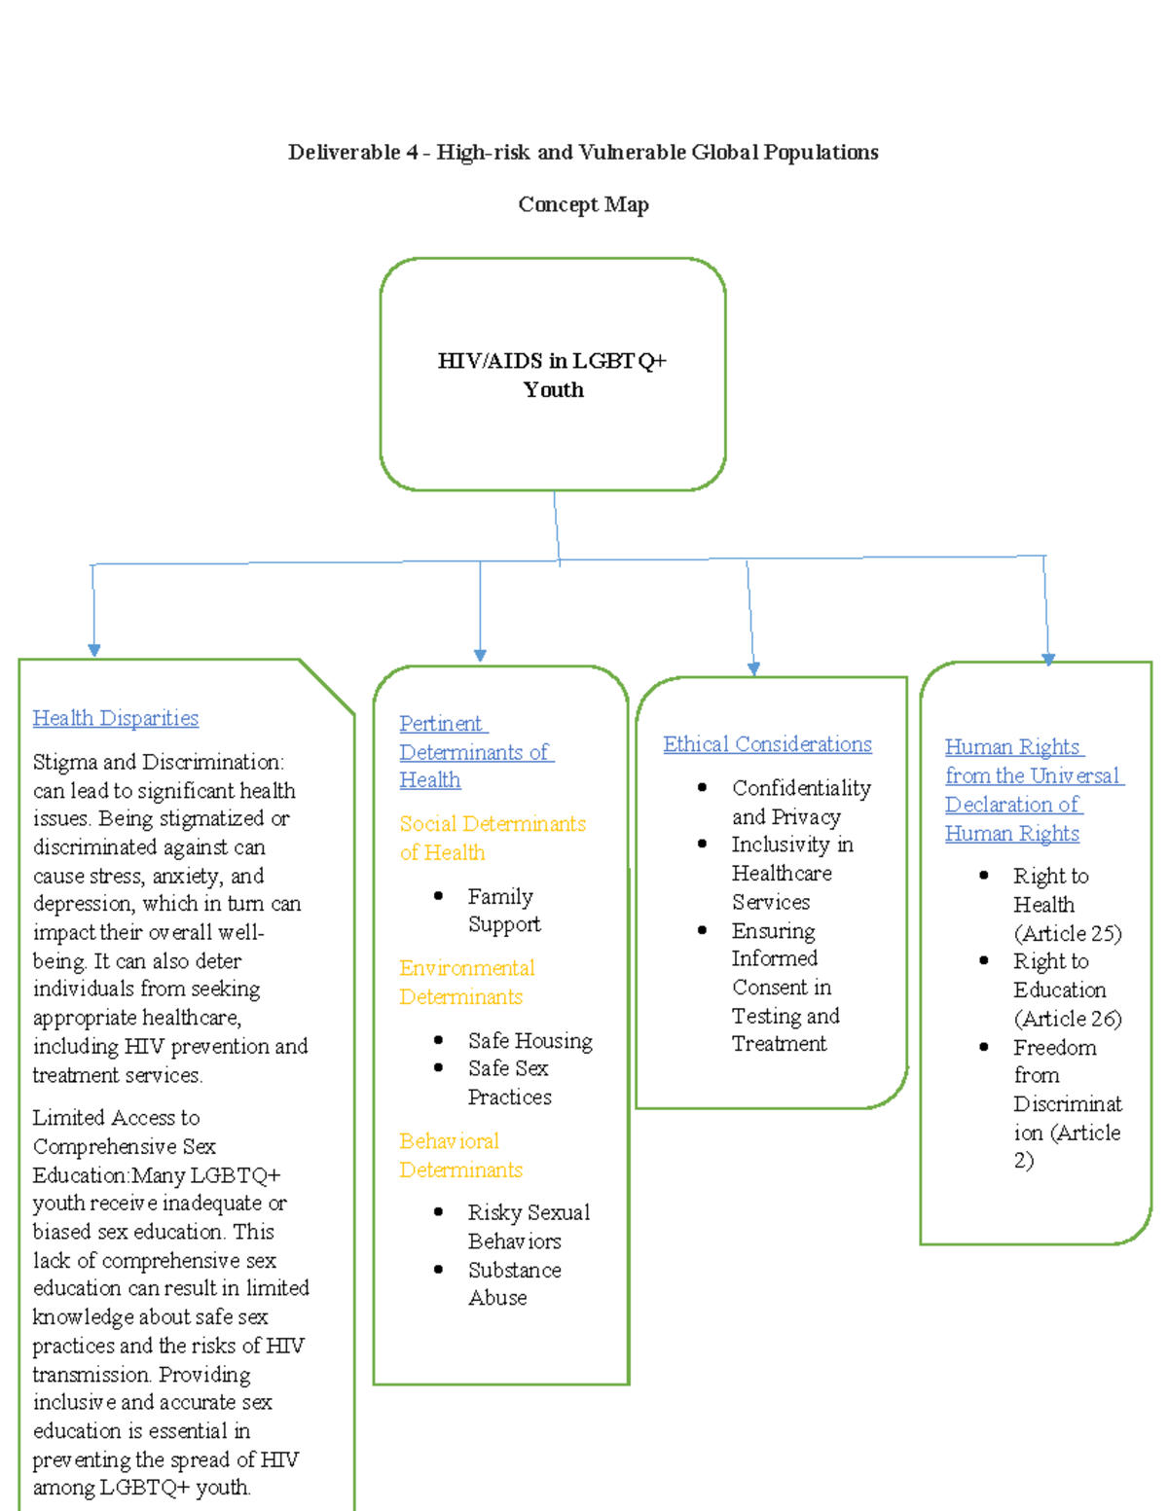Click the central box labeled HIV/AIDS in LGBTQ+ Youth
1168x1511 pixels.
click(552, 375)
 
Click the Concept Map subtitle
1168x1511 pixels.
click(583, 204)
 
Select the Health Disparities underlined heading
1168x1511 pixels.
click(116, 718)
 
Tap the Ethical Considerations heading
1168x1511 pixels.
click(767, 744)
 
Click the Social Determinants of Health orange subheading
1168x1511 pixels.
click(493, 838)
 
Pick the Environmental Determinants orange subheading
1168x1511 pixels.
click(466, 982)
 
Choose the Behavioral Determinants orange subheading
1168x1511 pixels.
click(460, 1155)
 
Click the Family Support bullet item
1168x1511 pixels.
click(503, 910)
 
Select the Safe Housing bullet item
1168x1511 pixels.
click(529, 1041)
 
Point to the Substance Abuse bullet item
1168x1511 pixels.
click(513, 1283)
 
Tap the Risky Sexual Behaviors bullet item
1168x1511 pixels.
click(528, 1226)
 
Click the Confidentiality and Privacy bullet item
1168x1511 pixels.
click(800, 802)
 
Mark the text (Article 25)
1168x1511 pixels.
click(1068, 933)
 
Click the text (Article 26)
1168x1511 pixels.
click(1068, 1019)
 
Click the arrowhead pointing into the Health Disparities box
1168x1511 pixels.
click(94, 650)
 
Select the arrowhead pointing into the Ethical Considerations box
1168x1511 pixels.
click(753, 668)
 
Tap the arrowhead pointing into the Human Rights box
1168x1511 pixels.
click(1048, 659)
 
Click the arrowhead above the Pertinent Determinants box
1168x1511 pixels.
click(480, 656)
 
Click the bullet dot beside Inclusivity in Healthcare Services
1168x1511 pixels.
click(702, 845)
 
